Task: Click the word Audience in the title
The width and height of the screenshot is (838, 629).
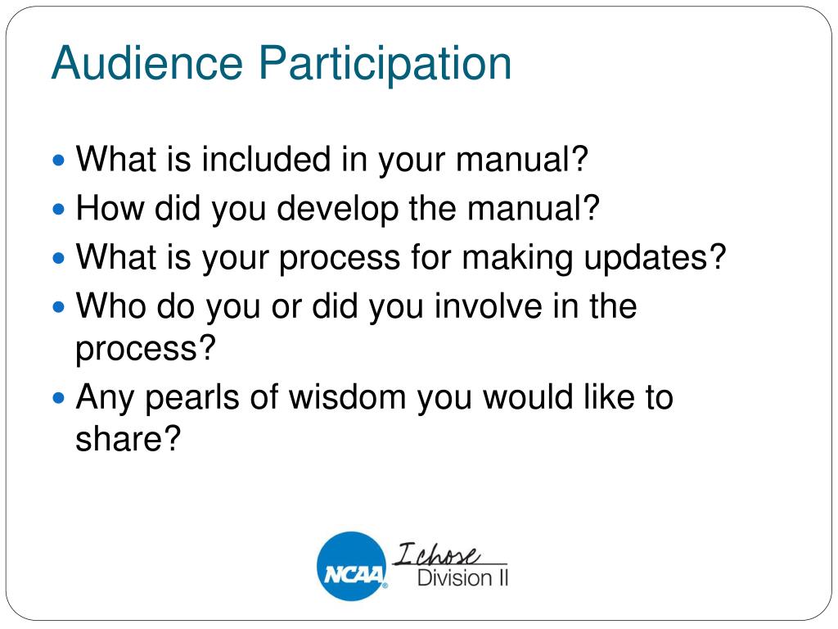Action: pyautogui.click(x=147, y=62)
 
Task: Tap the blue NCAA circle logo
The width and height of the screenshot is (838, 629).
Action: pyautogui.click(x=352, y=566)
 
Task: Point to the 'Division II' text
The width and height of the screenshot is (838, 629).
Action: pyautogui.click(x=462, y=578)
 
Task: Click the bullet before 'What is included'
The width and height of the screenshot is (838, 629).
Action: pyautogui.click(x=59, y=160)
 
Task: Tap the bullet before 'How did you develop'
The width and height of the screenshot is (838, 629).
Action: pyautogui.click(x=59, y=209)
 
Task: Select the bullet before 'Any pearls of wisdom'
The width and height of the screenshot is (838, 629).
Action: pyautogui.click(x=59, y=398)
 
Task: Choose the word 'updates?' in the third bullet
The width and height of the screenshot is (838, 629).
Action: pyautogui.click(x=655, y=258)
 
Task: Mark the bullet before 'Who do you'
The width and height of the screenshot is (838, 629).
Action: pyautogui.click(x=59, y=307)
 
